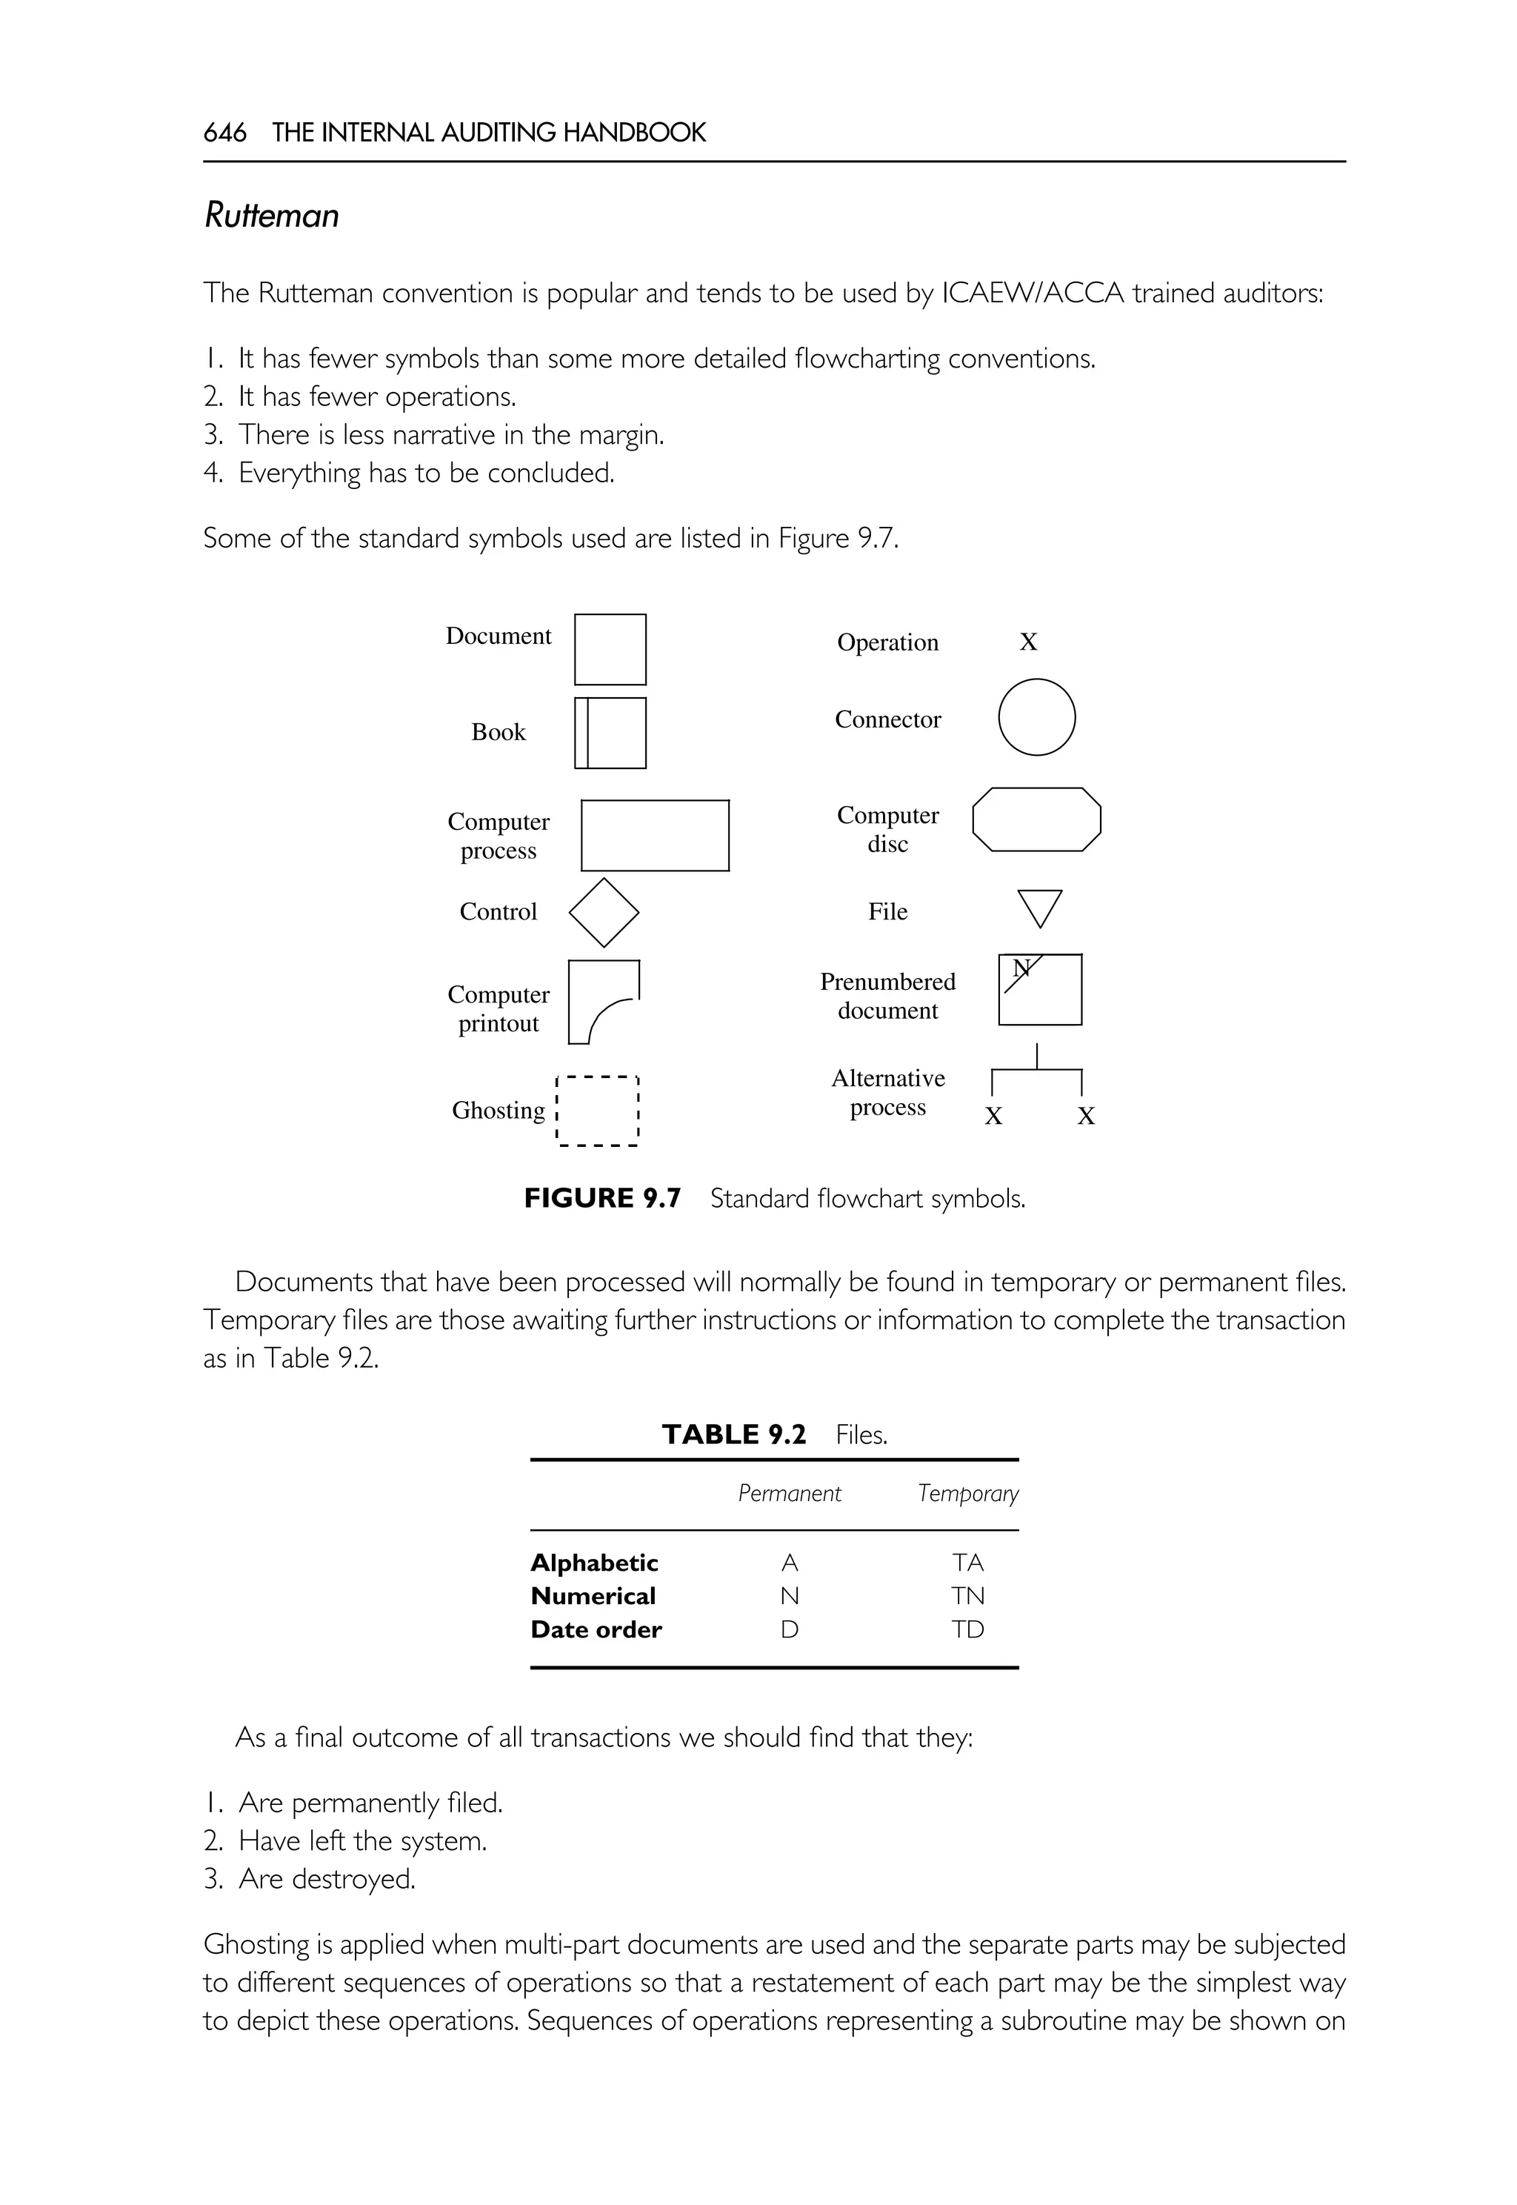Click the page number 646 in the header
click(224, 132)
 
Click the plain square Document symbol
click(610, 650)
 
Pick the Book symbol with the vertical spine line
click(610, 733)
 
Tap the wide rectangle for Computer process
click(655, 835)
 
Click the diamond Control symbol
click(604, 912)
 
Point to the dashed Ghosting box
click(597, 1111)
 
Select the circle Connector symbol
click(1036, 717)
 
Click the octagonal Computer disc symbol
click(1036, 819)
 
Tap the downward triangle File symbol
click(1039, 906)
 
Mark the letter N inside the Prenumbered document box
click(1021, 968)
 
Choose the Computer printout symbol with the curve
click(603, 1002)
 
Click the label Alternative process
click(888, 1093)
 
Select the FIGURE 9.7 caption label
click(601, 1198)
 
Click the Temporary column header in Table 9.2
click(967, 1494)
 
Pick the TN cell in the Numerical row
click(967, 1597)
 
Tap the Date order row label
click(596, 1630)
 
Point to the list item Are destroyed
click(326, 1880)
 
